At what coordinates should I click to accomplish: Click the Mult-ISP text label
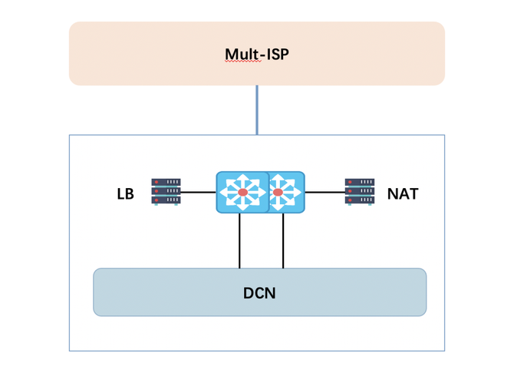(x=256, y=54)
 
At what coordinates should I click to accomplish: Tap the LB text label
(x=125, y=193)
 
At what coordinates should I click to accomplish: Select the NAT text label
(x=402, y=193)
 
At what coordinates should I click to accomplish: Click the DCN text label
(x=259, y=292)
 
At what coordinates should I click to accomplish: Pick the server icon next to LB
(x=166, y=192)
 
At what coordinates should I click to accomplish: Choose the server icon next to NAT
(x=359, y=192)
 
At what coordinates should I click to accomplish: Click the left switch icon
(x=242, y=192)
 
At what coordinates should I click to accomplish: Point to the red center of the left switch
(x=242, y=192)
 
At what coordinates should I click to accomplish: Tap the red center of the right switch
(x=278, y=192)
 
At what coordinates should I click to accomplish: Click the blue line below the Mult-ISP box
(x=257, y=110)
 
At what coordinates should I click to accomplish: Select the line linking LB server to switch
(x=199, y=192)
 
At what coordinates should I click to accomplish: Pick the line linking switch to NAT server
(x=325, y=192)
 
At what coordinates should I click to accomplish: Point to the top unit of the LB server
(x=166, y=183)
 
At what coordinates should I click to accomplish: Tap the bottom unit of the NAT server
(x=359, y=200)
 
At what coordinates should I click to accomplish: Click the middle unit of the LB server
(x=166, y=191)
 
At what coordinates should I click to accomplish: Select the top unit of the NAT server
(x=359, y=183)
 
